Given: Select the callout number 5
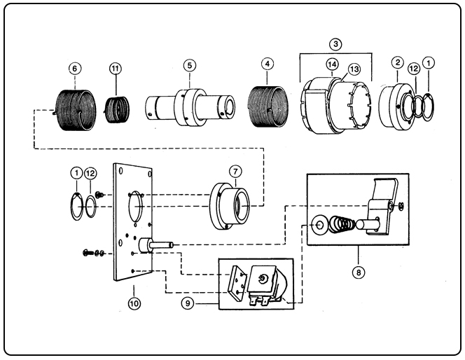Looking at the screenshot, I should (x=189, y=65).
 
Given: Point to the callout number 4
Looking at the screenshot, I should (x=266, y=64).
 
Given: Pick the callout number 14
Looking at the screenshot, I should (x=332, y=64).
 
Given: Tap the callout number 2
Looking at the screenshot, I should (x=397, y=63).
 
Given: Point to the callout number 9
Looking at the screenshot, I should (x=187, y=303).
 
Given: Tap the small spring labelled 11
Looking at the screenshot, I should (x=118, y=109).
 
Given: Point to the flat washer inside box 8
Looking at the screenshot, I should (x=318, y=225).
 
